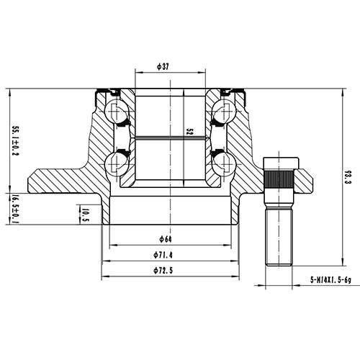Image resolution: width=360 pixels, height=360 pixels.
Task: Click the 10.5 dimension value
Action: click(x=85, y=214)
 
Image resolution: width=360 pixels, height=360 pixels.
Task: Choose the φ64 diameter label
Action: click(x=166, y=239)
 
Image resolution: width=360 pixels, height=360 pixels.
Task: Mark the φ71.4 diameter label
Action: click(x=166, y=256)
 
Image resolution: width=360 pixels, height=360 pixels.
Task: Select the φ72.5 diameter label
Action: click(x=166, y=271)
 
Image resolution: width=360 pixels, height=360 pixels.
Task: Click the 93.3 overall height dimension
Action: click(x=348, y=176)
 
